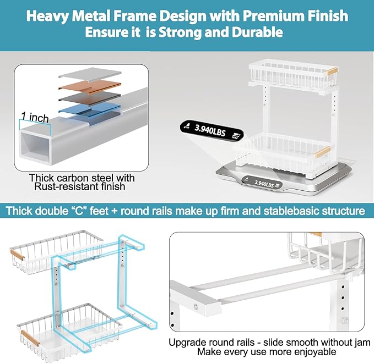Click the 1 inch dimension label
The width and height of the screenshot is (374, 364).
(35, 117)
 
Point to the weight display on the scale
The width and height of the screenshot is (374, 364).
(265, 185)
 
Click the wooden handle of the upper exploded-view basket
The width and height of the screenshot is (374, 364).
(19, 255)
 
